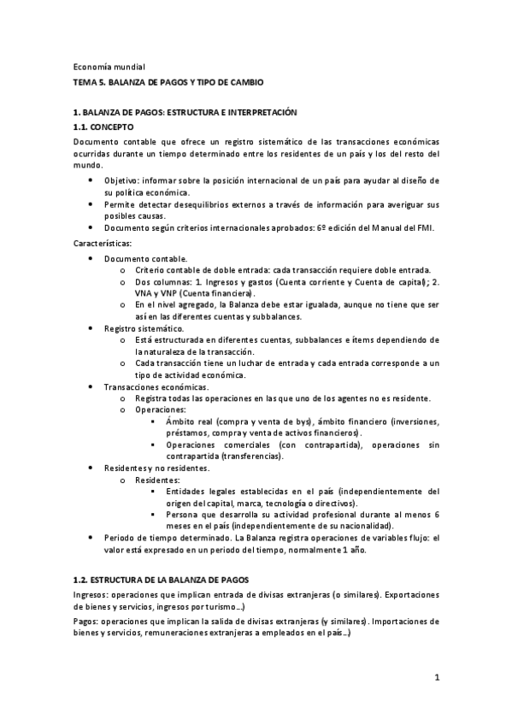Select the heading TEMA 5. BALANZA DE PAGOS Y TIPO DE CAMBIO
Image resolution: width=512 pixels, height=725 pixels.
pos(168,82)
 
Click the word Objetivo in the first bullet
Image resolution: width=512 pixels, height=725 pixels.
pos(124,181)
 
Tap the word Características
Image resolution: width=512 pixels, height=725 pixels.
pos(103,243)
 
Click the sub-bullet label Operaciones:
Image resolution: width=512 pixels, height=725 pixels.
pos(161,410)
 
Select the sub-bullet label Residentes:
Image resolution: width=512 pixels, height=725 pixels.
pos(158,480)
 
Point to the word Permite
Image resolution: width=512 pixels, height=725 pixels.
pos(121,204)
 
